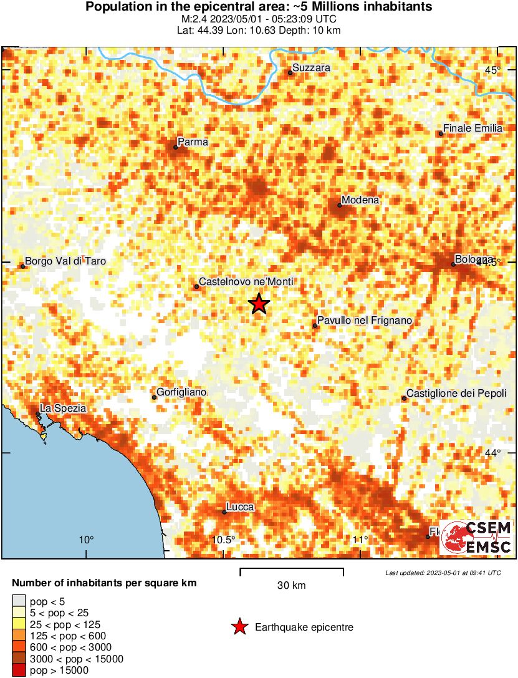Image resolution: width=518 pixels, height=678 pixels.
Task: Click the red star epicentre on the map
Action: tap(259, 304)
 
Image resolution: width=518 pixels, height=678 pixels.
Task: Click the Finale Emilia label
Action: tap(472, 128)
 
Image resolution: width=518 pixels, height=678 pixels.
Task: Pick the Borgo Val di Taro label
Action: tap(65, 261)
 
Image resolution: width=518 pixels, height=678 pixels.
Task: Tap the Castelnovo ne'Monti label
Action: tap(246, 282)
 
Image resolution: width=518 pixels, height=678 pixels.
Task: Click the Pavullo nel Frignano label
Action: tap(365, 321)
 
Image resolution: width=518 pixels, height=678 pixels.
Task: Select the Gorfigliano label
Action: tap(181, 392)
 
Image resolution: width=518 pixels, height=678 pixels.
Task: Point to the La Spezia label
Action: tap(63, 408)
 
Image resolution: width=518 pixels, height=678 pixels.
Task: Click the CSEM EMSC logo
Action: tap(476, 538)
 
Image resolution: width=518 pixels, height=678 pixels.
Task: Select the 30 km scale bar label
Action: tap(291, 585)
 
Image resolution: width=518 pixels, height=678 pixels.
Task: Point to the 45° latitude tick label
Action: tap(494, 70)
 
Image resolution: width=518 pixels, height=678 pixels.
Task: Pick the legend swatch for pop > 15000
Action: tap(19, 671)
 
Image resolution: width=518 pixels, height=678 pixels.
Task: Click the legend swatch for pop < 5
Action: tap(19, 602)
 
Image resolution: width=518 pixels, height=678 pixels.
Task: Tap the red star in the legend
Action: tap(239, 627)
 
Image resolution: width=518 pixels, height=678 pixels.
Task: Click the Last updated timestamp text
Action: tap(443, 573)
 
